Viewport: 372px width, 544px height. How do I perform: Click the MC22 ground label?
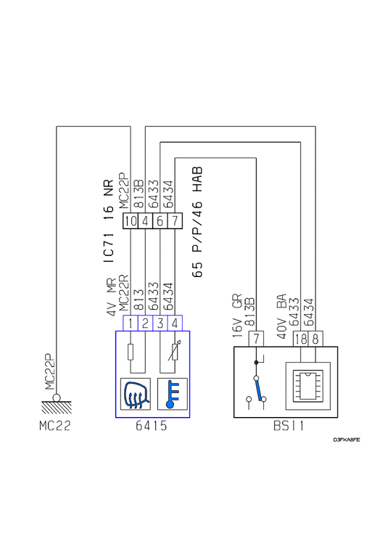click(55, 425)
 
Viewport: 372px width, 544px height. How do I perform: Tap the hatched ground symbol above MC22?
click(57, 407)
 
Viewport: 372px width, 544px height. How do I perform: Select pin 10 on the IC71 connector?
click(131, 221)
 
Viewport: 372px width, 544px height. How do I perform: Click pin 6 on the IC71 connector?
click(160, 221)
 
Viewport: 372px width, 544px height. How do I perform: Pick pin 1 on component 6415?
click(131, 323)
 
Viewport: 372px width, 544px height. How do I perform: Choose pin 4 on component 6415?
click(175, 323)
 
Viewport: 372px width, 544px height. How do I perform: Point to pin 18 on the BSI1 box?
click(301, 339)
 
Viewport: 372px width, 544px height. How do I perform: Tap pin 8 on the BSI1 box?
click(315, 339)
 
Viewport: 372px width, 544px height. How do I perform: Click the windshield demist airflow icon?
click(136, 394)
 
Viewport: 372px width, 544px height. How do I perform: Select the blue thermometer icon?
click(173, 394)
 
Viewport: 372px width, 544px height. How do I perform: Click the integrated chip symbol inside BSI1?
click(308, 386)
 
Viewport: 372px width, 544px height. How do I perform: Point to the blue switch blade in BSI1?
click(258, 390)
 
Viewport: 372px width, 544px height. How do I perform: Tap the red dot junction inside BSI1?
click(256, 363)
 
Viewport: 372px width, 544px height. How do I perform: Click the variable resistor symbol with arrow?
click(175, 351)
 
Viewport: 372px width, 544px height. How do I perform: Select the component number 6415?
click(151, 425)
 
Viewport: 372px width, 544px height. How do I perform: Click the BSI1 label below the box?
click(289, 425)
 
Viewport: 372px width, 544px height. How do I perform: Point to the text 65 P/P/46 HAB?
click(197, 223)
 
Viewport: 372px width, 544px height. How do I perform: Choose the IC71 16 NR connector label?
click(109, 221)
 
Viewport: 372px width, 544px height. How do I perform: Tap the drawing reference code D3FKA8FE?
click(347, 440)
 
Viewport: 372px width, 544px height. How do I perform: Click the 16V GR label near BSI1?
click(237, 316)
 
